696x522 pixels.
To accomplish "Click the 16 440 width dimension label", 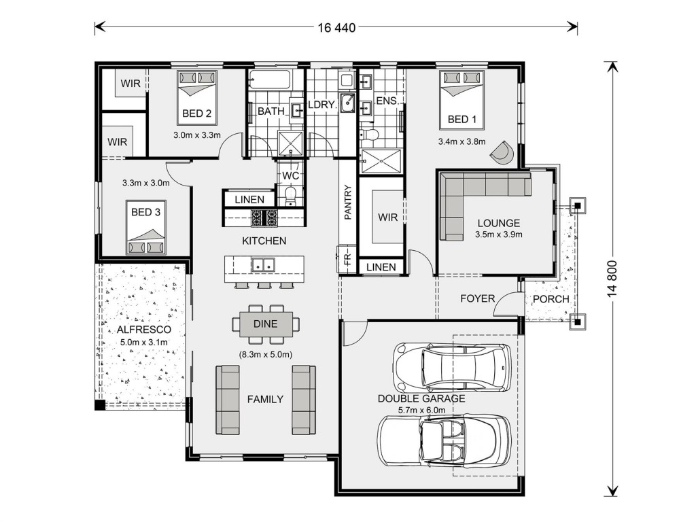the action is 336,28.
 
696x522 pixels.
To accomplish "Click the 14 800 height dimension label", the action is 612,278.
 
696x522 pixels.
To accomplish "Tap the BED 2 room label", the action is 196,114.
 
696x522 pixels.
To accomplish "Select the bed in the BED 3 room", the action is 146,227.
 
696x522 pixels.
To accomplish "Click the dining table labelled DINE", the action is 266,324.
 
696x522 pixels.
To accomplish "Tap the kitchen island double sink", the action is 263,265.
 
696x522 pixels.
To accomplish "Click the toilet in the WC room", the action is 290,196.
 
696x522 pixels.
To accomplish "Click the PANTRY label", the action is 347,203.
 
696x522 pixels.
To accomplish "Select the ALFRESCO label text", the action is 144,330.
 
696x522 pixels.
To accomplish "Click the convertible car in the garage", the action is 445,440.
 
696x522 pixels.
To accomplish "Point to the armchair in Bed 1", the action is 502,152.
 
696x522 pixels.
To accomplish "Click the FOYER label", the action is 478,298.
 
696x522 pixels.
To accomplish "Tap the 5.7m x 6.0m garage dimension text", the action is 421,410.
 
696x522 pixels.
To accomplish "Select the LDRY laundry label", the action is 321,105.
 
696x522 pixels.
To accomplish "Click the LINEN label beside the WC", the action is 249,200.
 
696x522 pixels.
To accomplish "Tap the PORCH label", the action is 551,299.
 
